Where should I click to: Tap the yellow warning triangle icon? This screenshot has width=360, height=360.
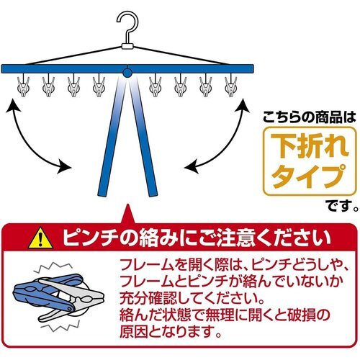(x=40, y=238)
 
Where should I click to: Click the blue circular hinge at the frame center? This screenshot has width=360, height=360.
(x=127, y=73)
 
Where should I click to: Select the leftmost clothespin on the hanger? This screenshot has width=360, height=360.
(x=23, y=85)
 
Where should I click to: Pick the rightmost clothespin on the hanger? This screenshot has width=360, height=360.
(x=231, y=85)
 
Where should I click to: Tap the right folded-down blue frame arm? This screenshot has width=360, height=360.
(x=143, y=137)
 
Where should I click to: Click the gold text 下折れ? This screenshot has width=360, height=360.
(x=310, y=146)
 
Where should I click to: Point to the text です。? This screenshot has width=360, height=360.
(x=343, y=204)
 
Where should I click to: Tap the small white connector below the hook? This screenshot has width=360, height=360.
(x=127, y=46)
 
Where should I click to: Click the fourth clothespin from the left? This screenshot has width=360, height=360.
(x=99, y=85)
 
